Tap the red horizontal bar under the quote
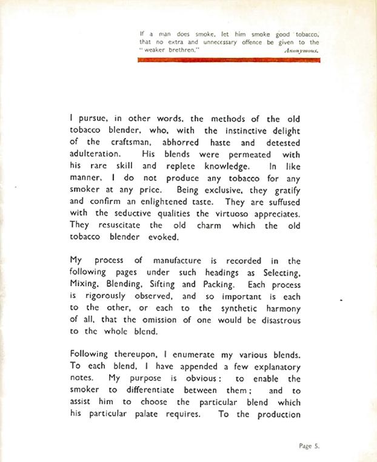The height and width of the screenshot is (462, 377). tap(229, 60)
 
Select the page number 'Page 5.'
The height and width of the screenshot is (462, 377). tap(309, 446)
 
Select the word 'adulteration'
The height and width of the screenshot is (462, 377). tap(96, 154)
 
